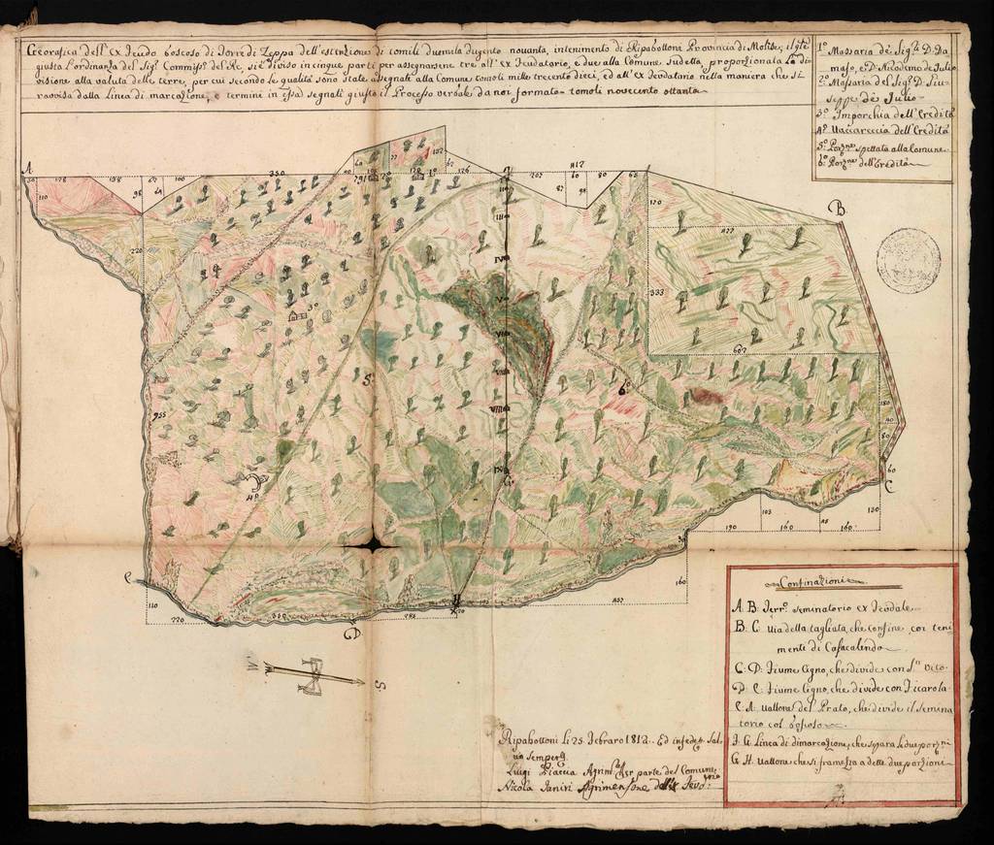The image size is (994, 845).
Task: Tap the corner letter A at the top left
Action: [30, 167]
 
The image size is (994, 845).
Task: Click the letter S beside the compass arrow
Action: [381, 687]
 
